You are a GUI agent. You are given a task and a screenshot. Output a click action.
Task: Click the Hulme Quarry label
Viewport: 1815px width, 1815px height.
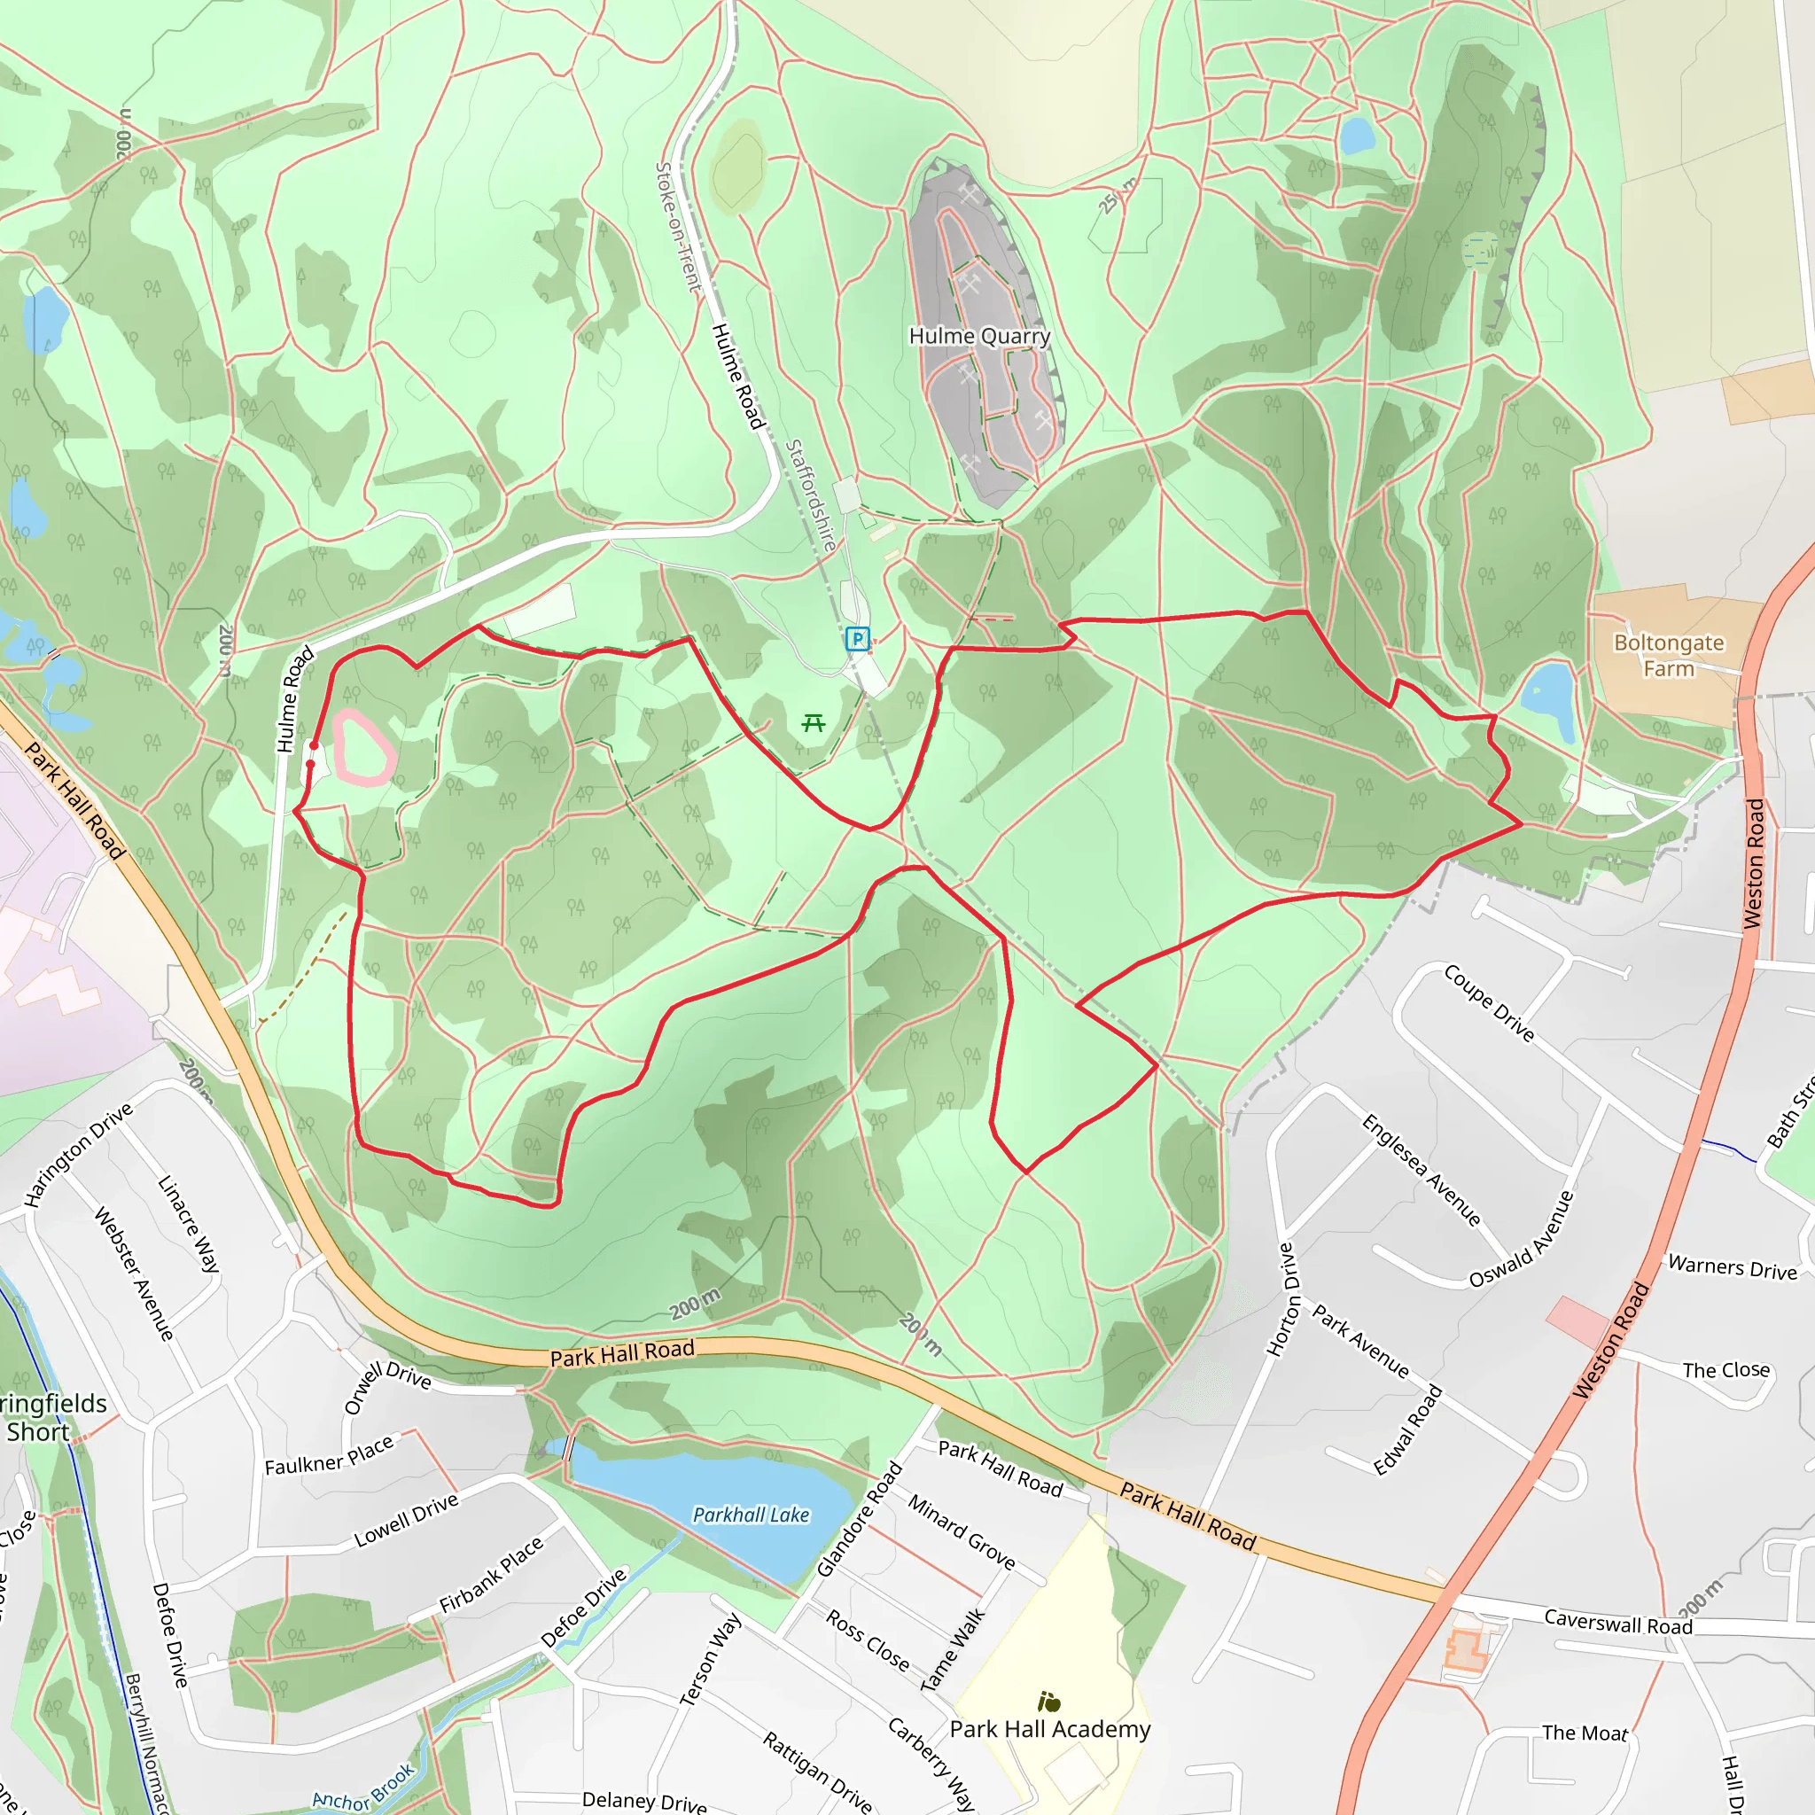point(979,336)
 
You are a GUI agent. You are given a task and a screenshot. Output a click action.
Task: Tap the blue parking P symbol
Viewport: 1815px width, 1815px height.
point(857,640)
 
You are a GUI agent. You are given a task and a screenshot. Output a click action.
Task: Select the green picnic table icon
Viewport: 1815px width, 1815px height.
point(814,722)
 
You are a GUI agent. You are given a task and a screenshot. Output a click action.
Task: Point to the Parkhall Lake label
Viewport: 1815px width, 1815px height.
point(751,1515)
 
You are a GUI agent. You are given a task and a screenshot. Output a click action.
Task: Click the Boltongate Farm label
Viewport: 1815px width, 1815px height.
point(1669,656)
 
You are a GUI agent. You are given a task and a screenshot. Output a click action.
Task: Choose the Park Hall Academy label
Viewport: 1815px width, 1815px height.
point(1049,1730)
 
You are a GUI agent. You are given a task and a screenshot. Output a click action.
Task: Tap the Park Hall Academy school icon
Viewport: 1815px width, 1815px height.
point(1049,1702)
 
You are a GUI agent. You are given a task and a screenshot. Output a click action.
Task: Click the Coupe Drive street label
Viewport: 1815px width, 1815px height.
point(1489,1003)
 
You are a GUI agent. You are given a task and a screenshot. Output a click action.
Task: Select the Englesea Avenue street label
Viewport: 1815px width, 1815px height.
point(1422,1170)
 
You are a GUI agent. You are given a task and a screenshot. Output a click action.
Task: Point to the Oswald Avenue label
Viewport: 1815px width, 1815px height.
point(1521,1239)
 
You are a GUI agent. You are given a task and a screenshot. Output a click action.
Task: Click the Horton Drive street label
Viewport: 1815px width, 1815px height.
point(1285,1300)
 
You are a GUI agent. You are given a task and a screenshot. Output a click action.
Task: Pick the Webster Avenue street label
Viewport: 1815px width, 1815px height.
point(135,1274)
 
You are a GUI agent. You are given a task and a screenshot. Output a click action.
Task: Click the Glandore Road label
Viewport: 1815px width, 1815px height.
point(859,1519)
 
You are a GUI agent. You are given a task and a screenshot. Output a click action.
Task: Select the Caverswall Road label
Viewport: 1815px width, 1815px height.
point(1617,1622)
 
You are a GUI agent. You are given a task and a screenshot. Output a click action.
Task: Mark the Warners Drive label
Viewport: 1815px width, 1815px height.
point(1733,1268)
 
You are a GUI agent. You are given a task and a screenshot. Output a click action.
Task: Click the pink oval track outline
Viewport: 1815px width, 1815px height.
point(363,748)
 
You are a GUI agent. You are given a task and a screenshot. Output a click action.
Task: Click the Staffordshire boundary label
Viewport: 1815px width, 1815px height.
point(810,495)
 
